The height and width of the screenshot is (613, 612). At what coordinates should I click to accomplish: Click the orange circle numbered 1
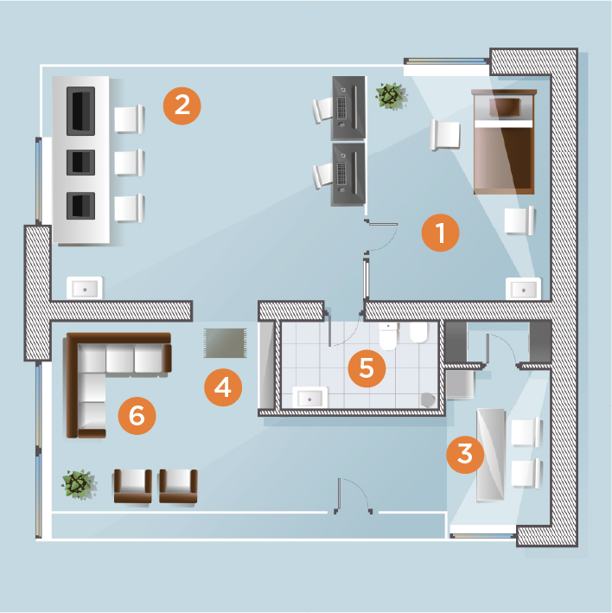(x=441, y=233)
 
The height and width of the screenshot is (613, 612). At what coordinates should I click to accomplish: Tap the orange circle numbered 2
(x=182, y=106)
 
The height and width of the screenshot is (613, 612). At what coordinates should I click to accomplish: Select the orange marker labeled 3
(x=465, y=454)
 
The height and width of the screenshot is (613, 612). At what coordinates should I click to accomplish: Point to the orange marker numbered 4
(x=223, y=387)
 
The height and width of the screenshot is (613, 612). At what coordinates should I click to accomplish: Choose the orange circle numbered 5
(x=367, y=368)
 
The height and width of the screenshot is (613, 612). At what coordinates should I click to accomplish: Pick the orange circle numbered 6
(x=137, y=416)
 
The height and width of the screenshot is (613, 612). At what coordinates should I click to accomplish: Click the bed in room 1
(x=504, y=142)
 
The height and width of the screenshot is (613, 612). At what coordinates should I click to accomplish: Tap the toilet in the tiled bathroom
(x=388, y=335)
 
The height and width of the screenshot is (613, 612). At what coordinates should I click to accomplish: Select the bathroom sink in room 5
(x=310, y=398)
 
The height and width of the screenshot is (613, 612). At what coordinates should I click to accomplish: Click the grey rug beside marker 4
(x=225, y=343)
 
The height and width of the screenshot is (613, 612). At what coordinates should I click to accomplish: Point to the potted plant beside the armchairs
(x=78, y=485)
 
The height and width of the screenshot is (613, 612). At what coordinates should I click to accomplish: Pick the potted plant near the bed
(x=391, y=96)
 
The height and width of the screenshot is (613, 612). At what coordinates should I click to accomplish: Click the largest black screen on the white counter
(x=81, y=111)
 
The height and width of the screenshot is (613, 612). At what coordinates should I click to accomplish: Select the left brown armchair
(x=133, y=486)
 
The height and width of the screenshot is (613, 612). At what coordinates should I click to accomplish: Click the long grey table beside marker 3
(x=490, y=454)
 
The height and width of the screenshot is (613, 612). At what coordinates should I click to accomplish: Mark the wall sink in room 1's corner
(x=523, y=289)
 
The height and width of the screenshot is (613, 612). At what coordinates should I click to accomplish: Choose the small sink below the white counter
(x=85, y=288)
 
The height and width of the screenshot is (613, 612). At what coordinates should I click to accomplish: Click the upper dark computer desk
(x=348, y=108)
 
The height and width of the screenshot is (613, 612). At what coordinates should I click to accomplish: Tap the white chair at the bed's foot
(x=520, y=220)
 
